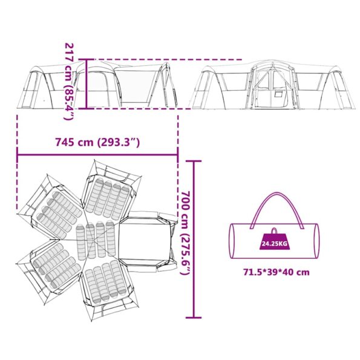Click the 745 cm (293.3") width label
coord(97,143)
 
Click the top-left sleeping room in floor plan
coord(54,206)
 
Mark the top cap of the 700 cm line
coord(193,162)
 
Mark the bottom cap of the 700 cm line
coord(193,317)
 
